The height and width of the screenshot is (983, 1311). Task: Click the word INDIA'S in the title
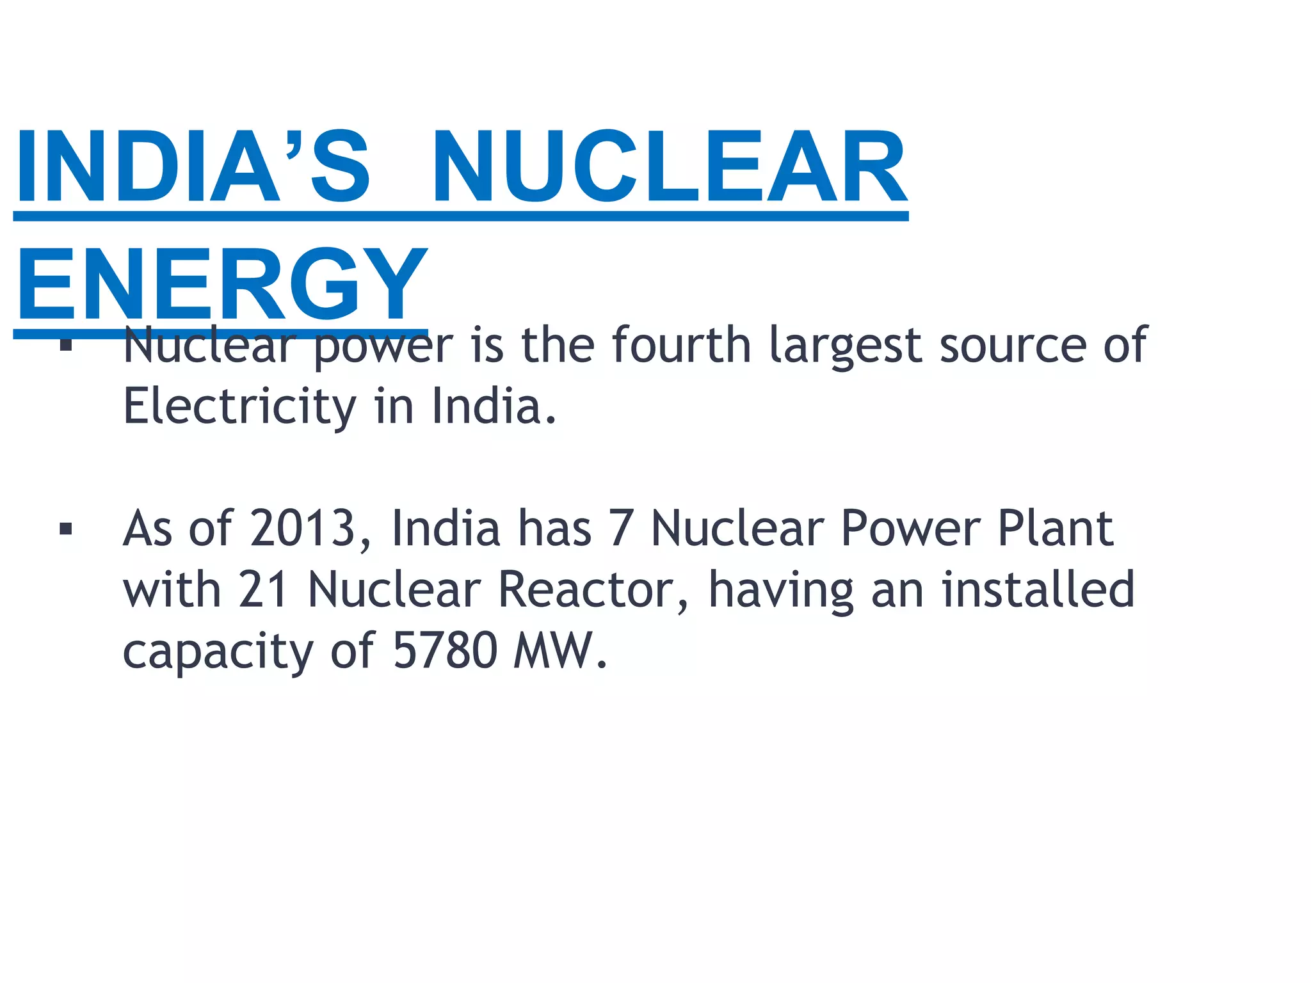[x=192, y=166]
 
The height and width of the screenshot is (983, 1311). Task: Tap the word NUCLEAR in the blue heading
[x=670, y=166]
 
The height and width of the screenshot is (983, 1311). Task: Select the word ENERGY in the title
[x=221, y=285]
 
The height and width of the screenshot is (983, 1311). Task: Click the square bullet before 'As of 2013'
[x=65, y=529]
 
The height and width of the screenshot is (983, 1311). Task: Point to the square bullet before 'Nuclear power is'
[x=65, y=346]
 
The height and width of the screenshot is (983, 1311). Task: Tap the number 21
[x=263, y=589]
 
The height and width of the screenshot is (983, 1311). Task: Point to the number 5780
[x=445, y=650]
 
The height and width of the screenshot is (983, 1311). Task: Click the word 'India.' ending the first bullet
[x=494, y=407]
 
